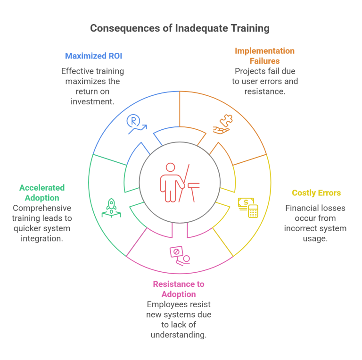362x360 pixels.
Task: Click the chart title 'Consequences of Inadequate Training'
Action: [x=180, y=28]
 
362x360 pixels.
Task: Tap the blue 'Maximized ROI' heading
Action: [x=93, y=56]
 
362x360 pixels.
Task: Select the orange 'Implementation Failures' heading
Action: [x=264, y=56]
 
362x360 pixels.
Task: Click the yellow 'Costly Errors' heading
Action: [x=316, y=193]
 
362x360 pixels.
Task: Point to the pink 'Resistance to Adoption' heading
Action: [x=179, y=289]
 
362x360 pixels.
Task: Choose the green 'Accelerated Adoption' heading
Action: [x=42, y=193]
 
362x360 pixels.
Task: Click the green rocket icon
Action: [x=111, y=208]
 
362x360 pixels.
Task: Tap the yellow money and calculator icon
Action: [x=248, y=207]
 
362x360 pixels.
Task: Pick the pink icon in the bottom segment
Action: [x=179, y=255]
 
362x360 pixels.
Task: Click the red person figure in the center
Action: [x=169, y=182]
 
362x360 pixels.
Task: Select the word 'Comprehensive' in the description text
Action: [x=42, y=208]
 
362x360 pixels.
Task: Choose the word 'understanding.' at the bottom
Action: [x=179, y=335]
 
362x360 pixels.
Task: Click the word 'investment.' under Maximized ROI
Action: [x=92, y=101]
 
